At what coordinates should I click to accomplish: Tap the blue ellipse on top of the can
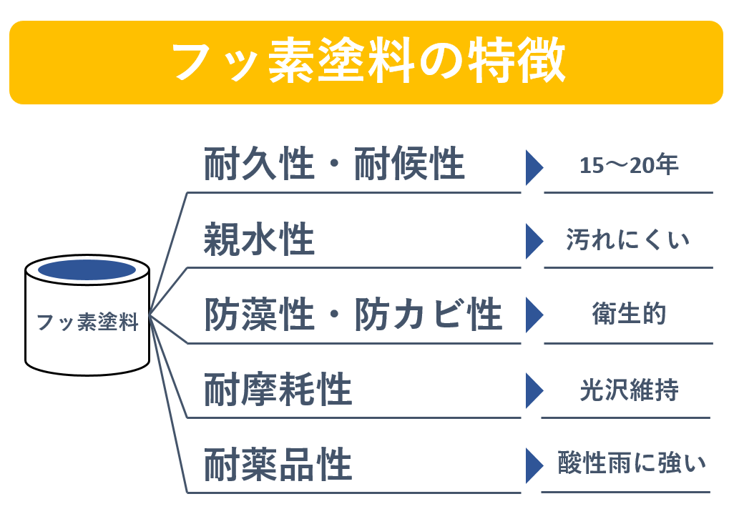(87, 270)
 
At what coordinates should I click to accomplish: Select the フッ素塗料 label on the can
(87, 323)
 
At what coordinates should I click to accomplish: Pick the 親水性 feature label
(259, 240)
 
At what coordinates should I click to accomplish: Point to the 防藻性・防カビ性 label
(353, 315)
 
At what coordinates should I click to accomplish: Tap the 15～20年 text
(629, 166)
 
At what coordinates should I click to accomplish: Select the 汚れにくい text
(628, 239)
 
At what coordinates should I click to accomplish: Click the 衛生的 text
(629, 315)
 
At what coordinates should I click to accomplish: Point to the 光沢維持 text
(629, 390)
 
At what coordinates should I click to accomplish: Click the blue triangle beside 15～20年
(534, 167)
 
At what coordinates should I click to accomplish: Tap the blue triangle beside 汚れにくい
(534, 241)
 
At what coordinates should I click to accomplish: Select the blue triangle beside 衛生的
(534, 315)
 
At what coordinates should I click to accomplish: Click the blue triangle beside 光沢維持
(534, 390)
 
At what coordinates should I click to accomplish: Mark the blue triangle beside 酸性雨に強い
(534, 465)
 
